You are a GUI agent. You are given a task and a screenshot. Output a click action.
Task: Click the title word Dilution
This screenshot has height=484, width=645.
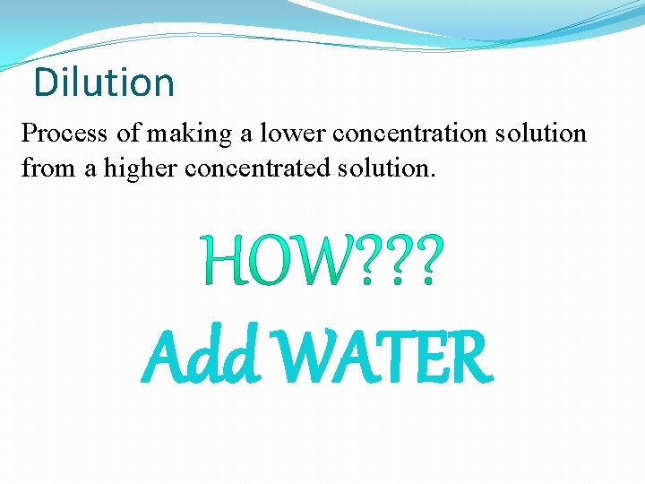point(104,82)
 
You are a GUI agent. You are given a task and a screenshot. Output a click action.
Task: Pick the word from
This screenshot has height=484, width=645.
point(44,167)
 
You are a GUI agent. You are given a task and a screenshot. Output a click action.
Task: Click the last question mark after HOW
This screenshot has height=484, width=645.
point(425,261)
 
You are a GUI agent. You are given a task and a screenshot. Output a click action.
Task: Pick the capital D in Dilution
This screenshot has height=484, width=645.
point(43,82)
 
